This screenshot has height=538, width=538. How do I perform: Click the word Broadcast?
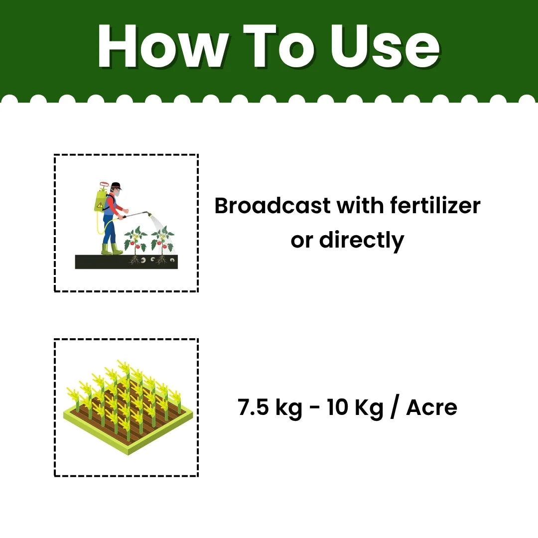pyautogui.click(x=272, y=206)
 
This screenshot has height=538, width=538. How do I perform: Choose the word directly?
pyautogui.click(x=361, y=240)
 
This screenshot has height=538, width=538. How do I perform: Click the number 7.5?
pyautogui.click(x=254, y=408)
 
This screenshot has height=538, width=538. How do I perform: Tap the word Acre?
pyautogui.click(x=431, y=408)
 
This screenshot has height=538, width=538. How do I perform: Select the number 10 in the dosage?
pyautogui.click(x=337, y=408)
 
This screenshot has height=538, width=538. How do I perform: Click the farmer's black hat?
pyautogui.click(x=116, y=186)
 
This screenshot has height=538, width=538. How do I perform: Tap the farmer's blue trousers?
pyautogui.click(x=109, y=230)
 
